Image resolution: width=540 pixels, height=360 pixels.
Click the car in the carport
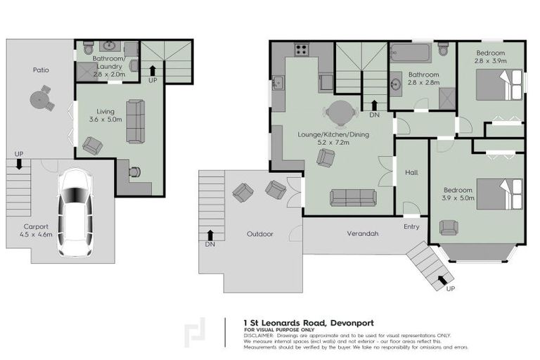coord(75,212)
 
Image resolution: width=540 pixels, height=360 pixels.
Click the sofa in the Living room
coord(136,121)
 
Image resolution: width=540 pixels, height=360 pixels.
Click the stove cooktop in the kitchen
coord(302,50)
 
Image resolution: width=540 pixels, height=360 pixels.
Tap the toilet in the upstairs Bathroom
coord(442,49)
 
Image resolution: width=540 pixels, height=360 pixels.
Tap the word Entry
coord(411,226)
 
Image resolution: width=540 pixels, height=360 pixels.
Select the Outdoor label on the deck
coord(259,234)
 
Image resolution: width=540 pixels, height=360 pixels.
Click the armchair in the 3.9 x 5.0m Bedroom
coord(447,227)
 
